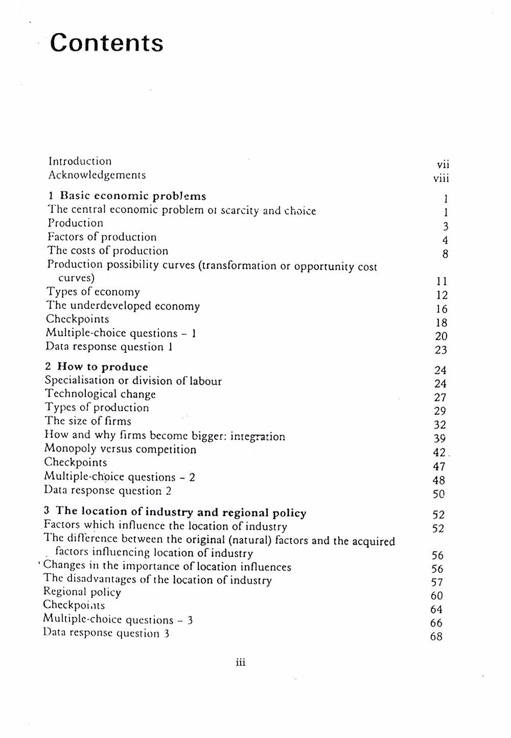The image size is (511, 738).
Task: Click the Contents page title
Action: coord(107,42)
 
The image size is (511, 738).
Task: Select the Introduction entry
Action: coord(80,161)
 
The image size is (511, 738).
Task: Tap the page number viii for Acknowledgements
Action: coord(441,178)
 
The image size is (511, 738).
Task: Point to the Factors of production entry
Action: coord(102,237)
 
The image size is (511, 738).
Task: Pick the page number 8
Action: coord(445,254)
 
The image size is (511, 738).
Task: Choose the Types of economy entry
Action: coord(93,292)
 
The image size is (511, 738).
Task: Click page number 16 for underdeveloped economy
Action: coord(442,309)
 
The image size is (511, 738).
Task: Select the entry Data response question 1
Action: coord(109,347)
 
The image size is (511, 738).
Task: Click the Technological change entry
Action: coord(100,394)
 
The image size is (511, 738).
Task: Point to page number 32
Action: coord(439,425)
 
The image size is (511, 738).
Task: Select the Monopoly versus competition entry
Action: coord(120,449)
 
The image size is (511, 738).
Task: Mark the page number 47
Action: coord(439,466)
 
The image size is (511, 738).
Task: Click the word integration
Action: coord(258,437)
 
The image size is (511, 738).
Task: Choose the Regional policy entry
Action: coord(82,592)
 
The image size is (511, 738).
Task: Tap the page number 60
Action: coord(437,596)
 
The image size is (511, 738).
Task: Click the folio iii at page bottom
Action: coord(241,663)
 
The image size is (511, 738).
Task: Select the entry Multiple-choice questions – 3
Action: coord(118,620)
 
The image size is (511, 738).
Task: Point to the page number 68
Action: coord(436,637)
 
